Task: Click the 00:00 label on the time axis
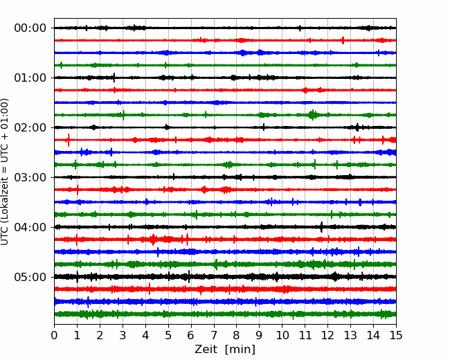click(30, 28)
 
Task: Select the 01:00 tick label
click(30, 78)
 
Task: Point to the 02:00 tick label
click(30, 127)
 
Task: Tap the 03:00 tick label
click(30, 177)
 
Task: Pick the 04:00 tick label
click(30, 227)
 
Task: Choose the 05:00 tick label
click(30, 277)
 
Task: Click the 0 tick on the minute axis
click(54, 335)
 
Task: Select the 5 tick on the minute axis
click(168, 335)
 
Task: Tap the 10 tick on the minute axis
click(282, 335)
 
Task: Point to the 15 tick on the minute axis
click(396, 335)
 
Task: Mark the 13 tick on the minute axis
click(350, 335)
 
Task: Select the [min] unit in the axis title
click(240, 350)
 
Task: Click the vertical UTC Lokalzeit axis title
click(4, 172)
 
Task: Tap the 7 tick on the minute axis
click(214, 335)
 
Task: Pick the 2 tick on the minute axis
click(100, 335)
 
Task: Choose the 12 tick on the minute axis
click(327, 335)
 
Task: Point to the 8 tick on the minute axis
click(237, 335)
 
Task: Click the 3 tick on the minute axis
click(123, 335)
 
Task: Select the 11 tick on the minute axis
click(305, 335)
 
